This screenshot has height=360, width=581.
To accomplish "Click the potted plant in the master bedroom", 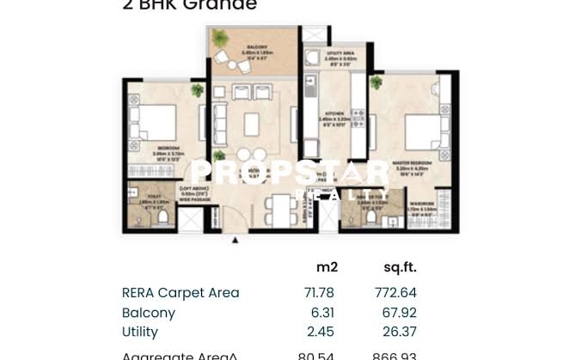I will tap(376, 83).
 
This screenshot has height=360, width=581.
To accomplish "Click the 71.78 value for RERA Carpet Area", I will tap(319, 293).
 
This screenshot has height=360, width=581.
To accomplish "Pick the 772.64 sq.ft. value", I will tap(395, 293).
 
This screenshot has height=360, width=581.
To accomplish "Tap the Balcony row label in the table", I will tap(148, 313).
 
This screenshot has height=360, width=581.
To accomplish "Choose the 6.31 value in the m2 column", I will tap(319, 313).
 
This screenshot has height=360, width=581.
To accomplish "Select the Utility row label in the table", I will tap(139, 332).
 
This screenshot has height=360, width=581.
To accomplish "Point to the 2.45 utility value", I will tap(319, 332).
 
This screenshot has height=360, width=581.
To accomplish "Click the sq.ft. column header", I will tap(400, 267).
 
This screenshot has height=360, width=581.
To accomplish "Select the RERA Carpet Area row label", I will tap(180, 293).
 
